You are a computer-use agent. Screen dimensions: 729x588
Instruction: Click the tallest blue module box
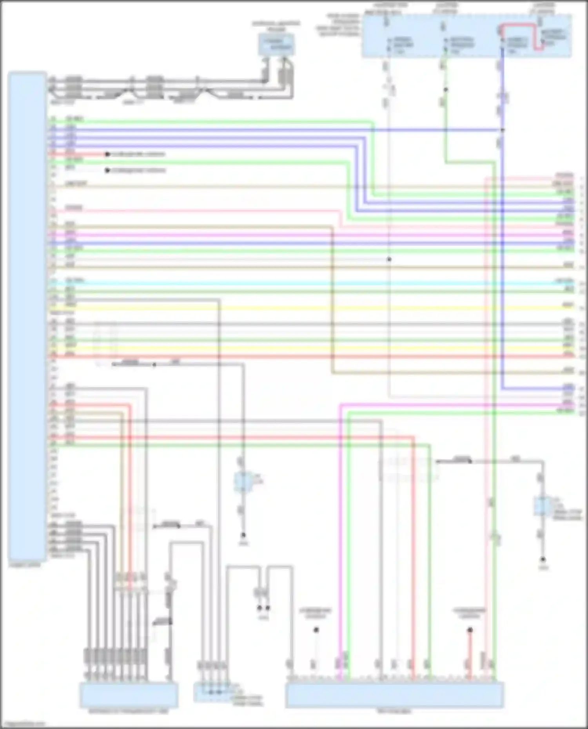(27, 317)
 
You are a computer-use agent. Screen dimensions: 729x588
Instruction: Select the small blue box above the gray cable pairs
(276, 44)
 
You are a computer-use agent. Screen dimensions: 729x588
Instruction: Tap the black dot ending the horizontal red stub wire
(107, 154)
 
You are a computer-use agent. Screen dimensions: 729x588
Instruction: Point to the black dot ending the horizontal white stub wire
(107, 170)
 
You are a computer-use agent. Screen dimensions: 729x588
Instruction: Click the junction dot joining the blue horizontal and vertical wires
(503, 130)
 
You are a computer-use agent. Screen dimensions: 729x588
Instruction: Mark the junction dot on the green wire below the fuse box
(446, 90)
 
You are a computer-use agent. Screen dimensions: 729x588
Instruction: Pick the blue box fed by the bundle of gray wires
(129, 695)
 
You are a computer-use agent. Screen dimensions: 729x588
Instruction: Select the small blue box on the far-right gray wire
(542, 506)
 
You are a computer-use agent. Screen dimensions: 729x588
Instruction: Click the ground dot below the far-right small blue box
(543, 559)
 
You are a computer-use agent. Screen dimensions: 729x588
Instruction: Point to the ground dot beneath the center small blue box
(243, 535)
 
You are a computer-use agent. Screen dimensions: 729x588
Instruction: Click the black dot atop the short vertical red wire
(470, 630)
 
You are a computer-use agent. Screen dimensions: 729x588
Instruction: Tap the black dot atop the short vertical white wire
(316, 630)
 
